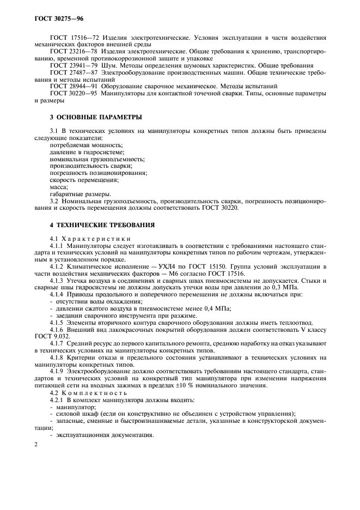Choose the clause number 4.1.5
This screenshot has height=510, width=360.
57,323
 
